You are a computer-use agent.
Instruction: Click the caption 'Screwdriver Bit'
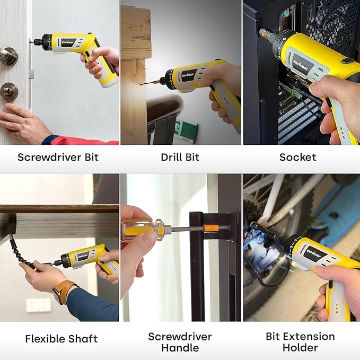pos(58,157)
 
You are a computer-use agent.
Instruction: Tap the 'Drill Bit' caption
pos(180,157)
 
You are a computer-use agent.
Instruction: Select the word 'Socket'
pos(298,157)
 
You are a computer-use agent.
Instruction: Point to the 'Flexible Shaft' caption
pos(62,339)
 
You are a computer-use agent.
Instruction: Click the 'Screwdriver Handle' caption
pos(180,342)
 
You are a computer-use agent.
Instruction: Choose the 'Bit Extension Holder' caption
pos(300,342)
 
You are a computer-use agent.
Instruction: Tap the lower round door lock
pos(8,91)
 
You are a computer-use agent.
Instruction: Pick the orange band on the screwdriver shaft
pos(211,228)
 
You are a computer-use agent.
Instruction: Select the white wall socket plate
pos(39,305)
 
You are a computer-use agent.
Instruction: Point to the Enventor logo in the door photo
pos(68,43)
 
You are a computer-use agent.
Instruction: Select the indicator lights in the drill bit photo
pos(226,101)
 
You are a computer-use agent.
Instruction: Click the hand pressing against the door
pos(23,123)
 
